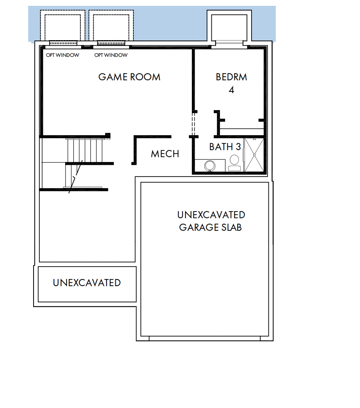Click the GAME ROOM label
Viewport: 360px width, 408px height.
(x=129, y=77)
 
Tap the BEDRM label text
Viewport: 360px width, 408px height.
(x=231, y=77)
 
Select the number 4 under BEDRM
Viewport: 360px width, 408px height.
(x=231, y=90)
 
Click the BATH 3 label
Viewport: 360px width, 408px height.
(x=225, y=147)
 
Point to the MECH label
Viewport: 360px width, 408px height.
(x=165, y=154)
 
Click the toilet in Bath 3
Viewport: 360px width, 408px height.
(x=234, y=163)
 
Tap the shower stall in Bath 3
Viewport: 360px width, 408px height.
(x=254, y=155)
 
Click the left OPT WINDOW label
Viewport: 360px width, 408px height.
(x=62, y=55)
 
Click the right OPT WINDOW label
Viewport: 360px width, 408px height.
(x=111, y=55)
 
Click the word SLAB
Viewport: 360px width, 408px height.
(x=231, y=228)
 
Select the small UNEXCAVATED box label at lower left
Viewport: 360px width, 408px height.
(x=87, y=283)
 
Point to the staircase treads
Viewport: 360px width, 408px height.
(x=85, y=150)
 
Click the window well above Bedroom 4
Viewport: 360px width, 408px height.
(x=229, y=28)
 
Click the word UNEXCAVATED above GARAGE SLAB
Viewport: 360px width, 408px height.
(x=211, y=215)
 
